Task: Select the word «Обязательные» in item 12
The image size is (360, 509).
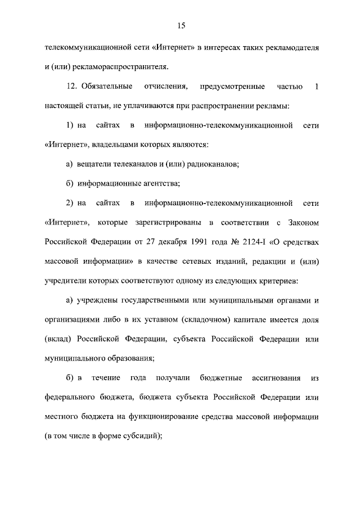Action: pyautogui.click(x=107, y=87)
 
